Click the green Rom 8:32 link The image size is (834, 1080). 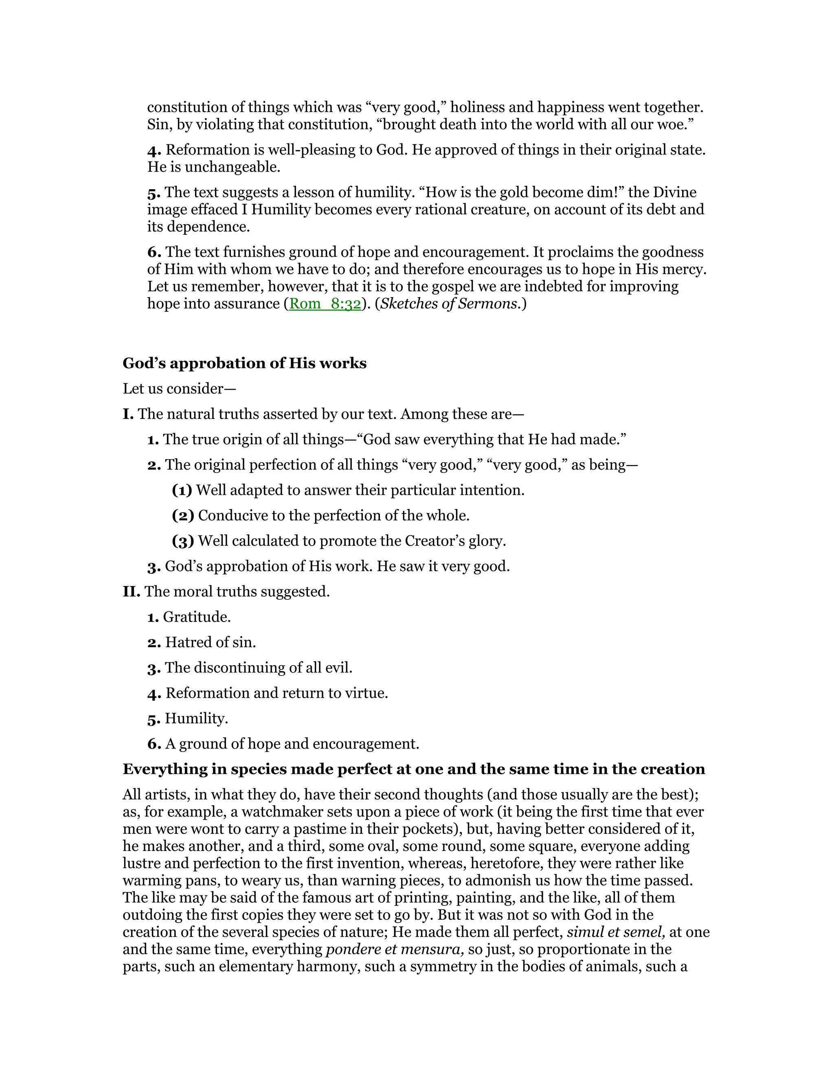coord(325,304)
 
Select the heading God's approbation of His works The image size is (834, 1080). coord(245,364)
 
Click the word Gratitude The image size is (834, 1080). coord(197,617)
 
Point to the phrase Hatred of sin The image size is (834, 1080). coord(211,642)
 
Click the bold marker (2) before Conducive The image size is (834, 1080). coord(183,516)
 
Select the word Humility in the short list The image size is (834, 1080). coord(196,719)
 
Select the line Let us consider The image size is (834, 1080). coord(179,389)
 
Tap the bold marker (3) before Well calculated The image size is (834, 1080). coord(183,541)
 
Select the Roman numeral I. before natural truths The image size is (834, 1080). coord(128,414)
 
